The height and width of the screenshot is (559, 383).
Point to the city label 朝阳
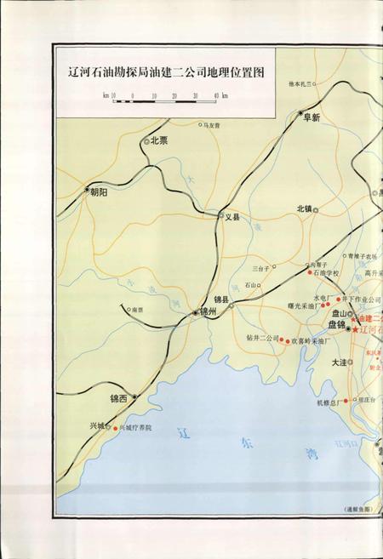point(99,192)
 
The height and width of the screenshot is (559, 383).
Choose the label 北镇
point(305,208)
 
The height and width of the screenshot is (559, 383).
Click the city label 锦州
point(209,313)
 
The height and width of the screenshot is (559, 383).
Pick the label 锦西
point(117,397)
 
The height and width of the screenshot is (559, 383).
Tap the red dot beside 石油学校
point(309,273)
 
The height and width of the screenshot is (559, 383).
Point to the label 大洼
point(339,363)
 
